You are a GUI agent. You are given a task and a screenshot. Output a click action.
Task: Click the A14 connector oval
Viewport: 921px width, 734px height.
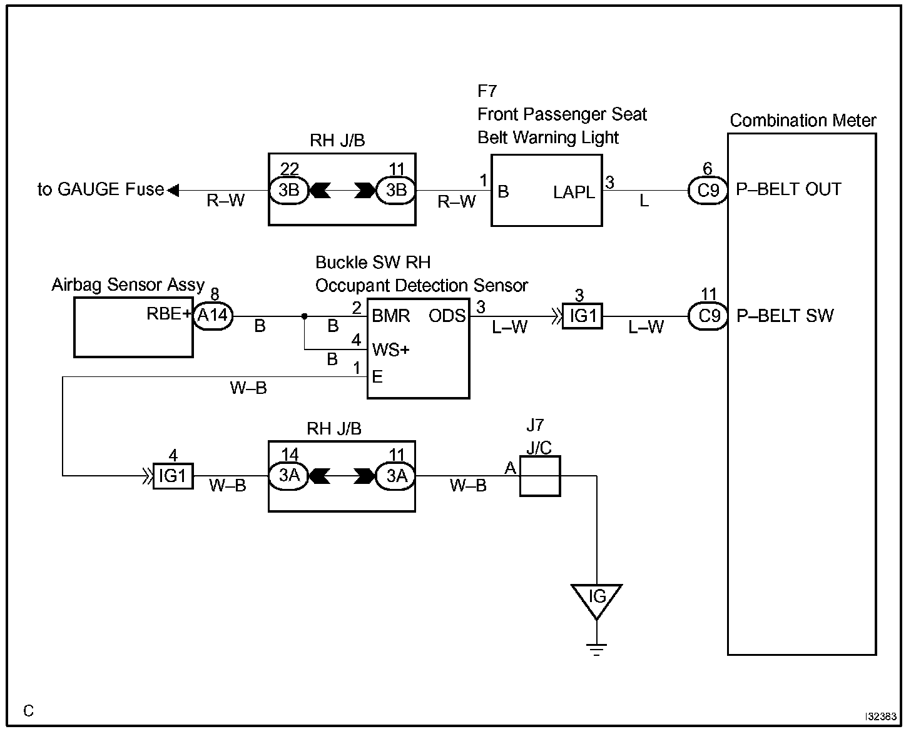213,316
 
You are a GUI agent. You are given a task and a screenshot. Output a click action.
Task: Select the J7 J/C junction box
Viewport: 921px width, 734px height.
540,476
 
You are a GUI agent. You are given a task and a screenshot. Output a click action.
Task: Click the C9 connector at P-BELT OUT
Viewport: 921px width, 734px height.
708,190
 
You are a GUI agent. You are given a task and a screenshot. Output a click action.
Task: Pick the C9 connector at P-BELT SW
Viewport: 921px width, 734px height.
708,316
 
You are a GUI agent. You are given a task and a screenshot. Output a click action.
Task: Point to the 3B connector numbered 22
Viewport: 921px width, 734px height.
289,190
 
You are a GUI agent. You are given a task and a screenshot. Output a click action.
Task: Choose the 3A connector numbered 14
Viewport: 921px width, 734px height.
289,476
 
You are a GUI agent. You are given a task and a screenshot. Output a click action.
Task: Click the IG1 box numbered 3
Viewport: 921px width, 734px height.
583,316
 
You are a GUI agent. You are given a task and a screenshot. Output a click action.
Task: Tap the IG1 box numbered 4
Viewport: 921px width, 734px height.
173,476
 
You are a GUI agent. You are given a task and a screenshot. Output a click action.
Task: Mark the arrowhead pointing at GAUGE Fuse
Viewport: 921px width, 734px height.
173,190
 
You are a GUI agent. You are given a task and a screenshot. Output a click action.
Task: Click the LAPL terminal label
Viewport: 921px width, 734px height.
574,193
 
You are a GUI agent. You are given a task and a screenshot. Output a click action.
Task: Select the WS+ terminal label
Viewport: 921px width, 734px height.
391,350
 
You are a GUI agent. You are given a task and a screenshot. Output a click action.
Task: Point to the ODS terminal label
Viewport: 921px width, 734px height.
447,316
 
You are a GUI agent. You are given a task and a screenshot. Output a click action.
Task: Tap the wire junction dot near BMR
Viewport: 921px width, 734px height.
304,316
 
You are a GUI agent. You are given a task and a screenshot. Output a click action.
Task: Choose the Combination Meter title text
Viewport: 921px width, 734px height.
803,121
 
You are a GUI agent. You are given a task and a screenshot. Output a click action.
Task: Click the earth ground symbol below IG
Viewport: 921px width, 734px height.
597,650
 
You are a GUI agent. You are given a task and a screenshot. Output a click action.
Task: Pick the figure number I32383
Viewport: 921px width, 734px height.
881,716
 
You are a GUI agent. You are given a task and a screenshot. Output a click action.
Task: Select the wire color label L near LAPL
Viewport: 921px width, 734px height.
644,201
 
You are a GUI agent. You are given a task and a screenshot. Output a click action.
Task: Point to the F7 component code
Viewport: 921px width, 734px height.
487,91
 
